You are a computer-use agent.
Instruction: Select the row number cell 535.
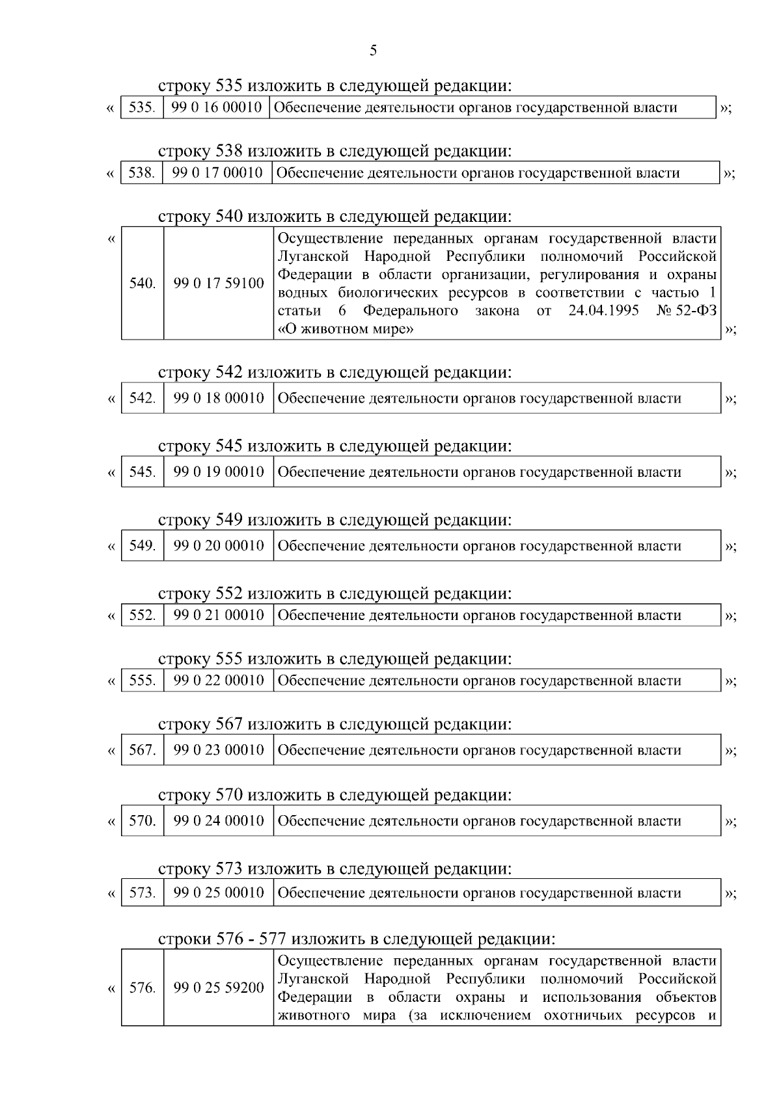(x=141, y=108)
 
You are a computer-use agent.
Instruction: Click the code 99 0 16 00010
(x=216, y=108)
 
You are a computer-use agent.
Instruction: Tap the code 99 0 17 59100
(x=219, y=284)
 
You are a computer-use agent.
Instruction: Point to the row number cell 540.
(x=142, y=284)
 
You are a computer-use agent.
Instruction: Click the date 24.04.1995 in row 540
(x=603, y=311)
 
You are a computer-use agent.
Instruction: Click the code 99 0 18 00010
(x=219, y=398)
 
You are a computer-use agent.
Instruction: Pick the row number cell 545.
(x=142, y=472)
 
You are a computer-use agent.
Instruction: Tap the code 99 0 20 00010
(x=219, y=546)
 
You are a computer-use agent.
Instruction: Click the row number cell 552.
(x=142, y=615)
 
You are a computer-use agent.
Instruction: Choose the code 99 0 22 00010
(x=219, y=681)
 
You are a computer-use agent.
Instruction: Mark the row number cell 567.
(x=142, y=750)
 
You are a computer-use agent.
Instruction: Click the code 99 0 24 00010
(x=219, y=821)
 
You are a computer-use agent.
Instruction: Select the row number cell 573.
(x=142, y=893)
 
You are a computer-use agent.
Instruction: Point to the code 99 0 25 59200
(x=219, y=988)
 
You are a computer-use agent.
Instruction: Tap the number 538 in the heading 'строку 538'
(x=228, y=152)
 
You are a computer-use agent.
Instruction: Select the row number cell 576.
(x=142, y=988)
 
